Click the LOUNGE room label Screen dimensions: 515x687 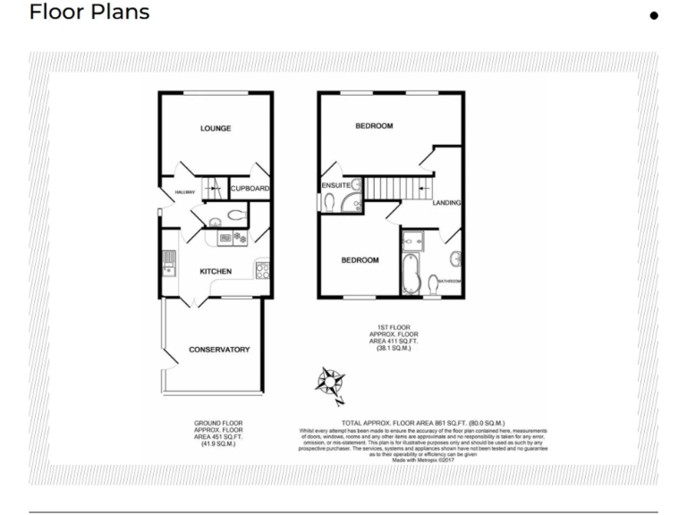pyautogui.click(x=215, y=129)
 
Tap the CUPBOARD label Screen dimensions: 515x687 pyautogui.click(x=250, y=189)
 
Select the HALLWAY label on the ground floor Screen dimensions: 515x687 pyautogui.click(x=172, y=191)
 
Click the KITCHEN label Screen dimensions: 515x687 pyautogui.click(x=216, y=272)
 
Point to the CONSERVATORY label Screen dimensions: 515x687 pyautogui.click(x=218, y=350)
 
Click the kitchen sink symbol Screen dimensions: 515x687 pyautogui.click(x=168, y=262)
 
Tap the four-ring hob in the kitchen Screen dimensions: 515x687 pyautogui.click(x=263, y=270)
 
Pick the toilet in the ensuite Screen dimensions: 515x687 pyautogui.click(x=327, y=204)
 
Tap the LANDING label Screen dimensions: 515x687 pyautogui.click(x=446, y=203)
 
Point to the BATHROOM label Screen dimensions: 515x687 pyautogui.click(x=450, y=282)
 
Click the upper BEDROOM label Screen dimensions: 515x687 pyautogui.click(x=374, y=126)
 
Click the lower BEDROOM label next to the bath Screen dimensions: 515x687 pyautogui.click(x=360, y=260)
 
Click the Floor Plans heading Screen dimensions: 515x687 pyautogui.click(x=89, y=13)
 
